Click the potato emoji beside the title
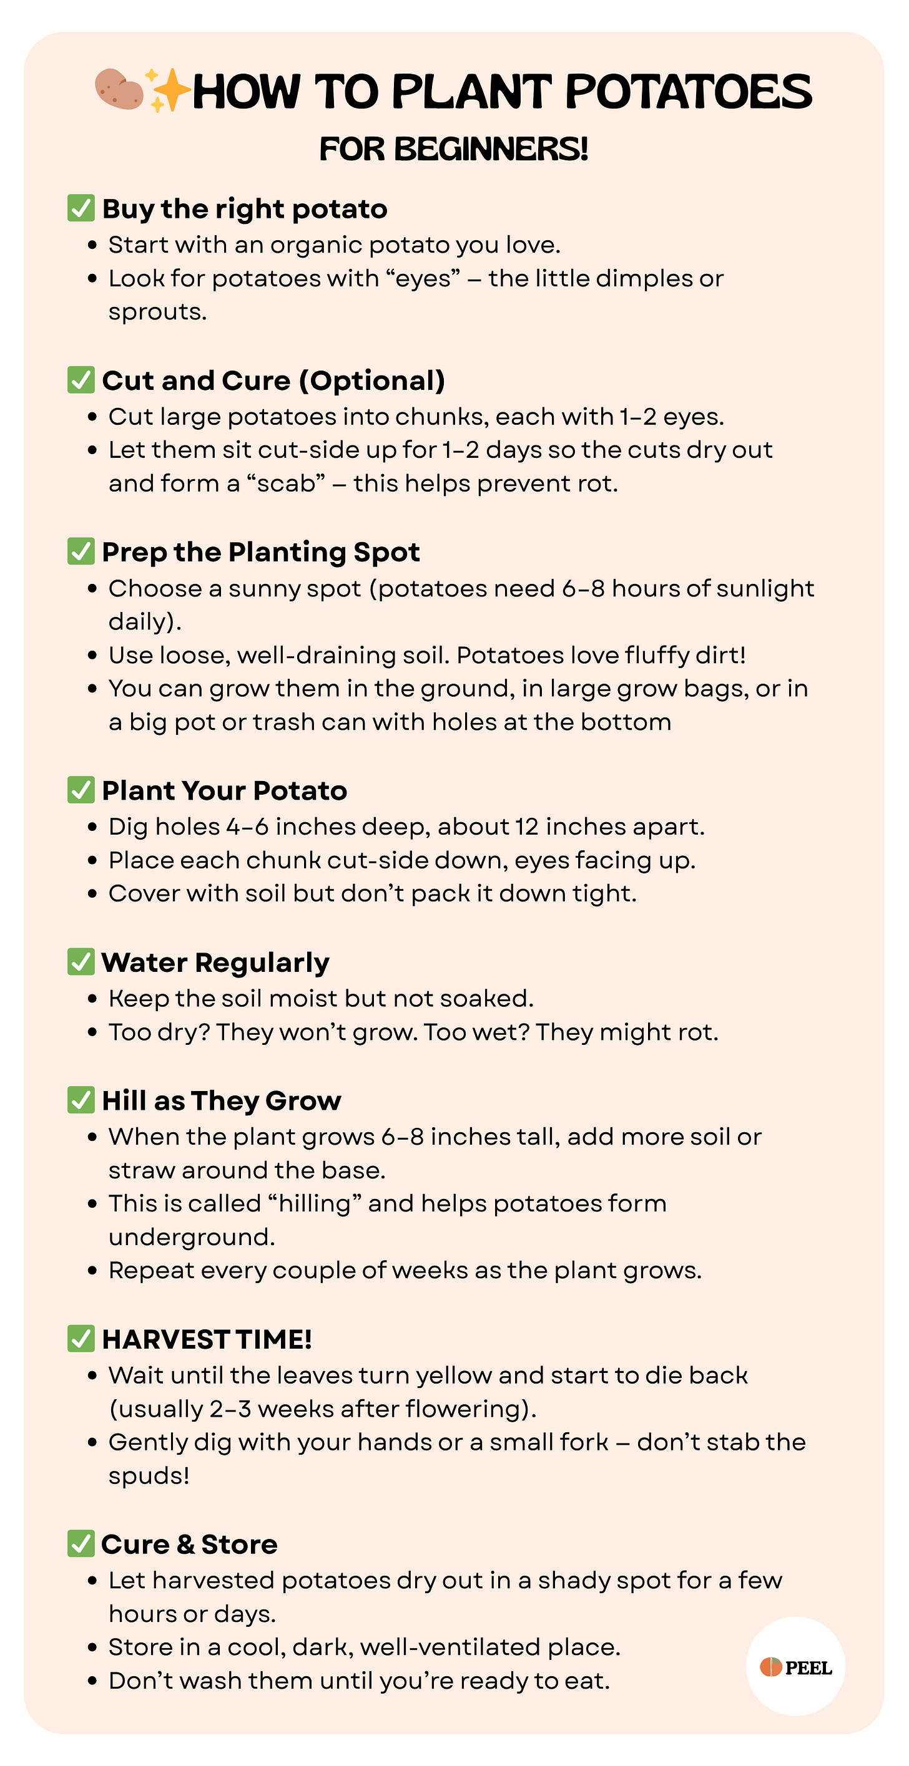pos(119,89)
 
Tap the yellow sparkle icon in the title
pos(167,90)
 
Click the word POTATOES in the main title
pos(688,92)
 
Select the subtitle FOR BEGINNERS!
pos(453,148)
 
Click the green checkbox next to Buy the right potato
pos(81,208)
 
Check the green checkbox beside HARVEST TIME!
pos(81,1338)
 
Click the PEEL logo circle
pos(795,1667)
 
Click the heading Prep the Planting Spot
pos(261,552)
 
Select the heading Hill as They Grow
pos(221,1100)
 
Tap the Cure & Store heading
pos(189,1544)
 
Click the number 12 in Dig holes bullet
pos(527,827)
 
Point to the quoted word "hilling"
pos(315,1203)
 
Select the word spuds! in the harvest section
pos(149,1475)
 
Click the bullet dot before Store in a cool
pos(92,1647)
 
